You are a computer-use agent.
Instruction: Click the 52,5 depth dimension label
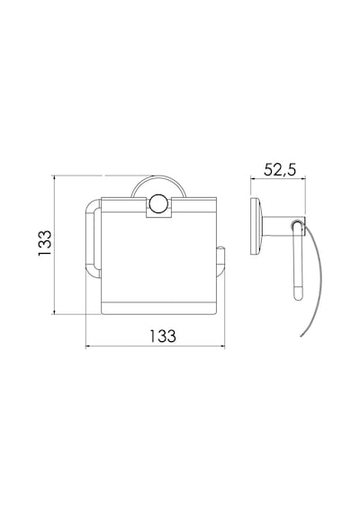[x=280, y=170]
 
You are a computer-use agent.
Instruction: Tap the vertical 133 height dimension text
[x=45, y=243]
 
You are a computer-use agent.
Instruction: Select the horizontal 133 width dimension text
[x=163, y=336]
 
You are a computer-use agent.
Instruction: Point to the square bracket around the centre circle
[x=158, y=208]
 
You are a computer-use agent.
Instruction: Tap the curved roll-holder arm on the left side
[x=93, y=238]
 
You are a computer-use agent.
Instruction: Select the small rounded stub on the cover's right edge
[x=220, y=262]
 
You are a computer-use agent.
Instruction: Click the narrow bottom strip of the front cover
[x=158, y=309]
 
